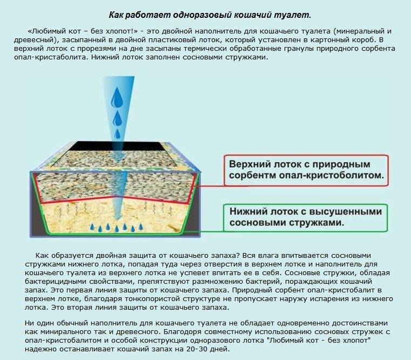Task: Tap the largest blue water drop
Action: [117, 98]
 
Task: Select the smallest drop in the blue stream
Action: [117, 134]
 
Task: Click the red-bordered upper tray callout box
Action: [306, 171]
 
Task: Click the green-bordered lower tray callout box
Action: [305, 218]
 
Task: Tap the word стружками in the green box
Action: [316, 223]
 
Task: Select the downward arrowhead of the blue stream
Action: [118, 216]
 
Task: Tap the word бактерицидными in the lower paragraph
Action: [56, 282]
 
